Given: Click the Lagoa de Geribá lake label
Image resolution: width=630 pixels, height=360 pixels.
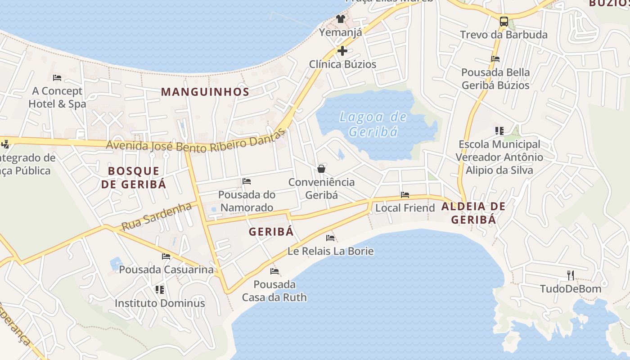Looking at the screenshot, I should [x=373, y=124].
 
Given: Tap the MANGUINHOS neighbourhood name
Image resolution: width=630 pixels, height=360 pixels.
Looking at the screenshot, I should [x=205, y=92].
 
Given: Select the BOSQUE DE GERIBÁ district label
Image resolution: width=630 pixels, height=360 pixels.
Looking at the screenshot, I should [x=134, y=177].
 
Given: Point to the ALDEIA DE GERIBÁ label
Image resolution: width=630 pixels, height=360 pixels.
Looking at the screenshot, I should [x=473, y=213].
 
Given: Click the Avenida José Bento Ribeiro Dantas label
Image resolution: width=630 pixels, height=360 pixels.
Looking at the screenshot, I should [x=196, y=141].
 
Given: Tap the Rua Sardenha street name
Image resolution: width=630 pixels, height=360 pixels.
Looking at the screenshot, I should [x=157, y=216].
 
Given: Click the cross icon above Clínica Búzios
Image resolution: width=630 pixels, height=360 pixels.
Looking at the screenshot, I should [x=342, y=50].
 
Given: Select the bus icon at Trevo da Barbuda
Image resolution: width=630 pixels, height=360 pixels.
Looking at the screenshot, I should [x=504, y=21].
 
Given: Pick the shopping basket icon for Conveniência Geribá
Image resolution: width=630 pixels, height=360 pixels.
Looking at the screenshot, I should [x=321, y=169].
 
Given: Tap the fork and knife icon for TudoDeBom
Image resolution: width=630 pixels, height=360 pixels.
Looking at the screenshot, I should [x=571, y=275].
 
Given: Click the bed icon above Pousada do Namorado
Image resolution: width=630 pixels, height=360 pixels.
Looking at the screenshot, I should [x=247, y=181].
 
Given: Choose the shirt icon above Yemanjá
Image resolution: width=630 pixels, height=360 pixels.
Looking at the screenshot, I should [x=341, y=18].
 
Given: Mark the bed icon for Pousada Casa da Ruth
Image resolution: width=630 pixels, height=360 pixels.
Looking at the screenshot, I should [x=274, y=271].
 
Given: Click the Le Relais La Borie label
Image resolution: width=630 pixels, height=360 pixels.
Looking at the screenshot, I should [x=330, y=251].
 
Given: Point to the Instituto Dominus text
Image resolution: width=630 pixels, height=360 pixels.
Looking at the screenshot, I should [x=160, y=303].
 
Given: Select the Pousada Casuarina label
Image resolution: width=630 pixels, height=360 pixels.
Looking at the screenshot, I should [x=166, y=270].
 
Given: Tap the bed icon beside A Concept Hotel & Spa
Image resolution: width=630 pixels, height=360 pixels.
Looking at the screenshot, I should [x=57, y=77].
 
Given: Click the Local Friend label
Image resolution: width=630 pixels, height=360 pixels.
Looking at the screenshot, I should [x=405, y=208].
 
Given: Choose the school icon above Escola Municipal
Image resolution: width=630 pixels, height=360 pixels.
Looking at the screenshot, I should [x=499, y=131].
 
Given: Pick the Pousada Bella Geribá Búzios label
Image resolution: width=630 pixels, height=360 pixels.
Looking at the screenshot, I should [x=495, y=78].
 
